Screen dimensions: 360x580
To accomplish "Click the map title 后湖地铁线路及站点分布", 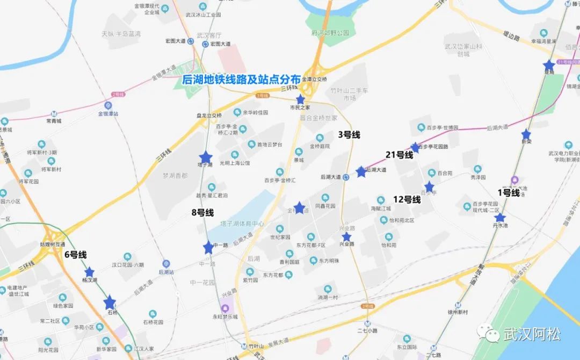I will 241,80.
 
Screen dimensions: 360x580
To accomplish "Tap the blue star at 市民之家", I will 300,99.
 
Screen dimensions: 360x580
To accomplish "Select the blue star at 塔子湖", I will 206,157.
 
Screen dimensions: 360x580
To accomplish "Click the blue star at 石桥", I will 110,303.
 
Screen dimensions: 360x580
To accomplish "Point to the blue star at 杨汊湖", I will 89,272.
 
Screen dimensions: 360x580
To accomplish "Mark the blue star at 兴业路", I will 346,236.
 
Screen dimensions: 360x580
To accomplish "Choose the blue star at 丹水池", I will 500,217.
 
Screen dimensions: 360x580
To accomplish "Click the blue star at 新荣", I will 526,134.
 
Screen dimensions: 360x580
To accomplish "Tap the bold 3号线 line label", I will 349,134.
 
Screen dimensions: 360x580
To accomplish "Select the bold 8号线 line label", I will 202,212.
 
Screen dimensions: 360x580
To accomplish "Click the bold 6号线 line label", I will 75,255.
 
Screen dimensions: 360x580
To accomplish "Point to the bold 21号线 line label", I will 399,155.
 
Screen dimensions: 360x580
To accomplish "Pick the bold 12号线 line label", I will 407,199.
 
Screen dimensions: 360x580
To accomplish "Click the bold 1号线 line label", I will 508,192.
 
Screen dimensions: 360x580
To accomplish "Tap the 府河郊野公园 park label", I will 330,33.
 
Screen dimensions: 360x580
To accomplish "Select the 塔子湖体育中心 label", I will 242,224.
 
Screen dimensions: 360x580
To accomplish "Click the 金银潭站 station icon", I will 108,105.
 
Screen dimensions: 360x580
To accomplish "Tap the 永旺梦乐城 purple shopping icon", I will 224,308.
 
